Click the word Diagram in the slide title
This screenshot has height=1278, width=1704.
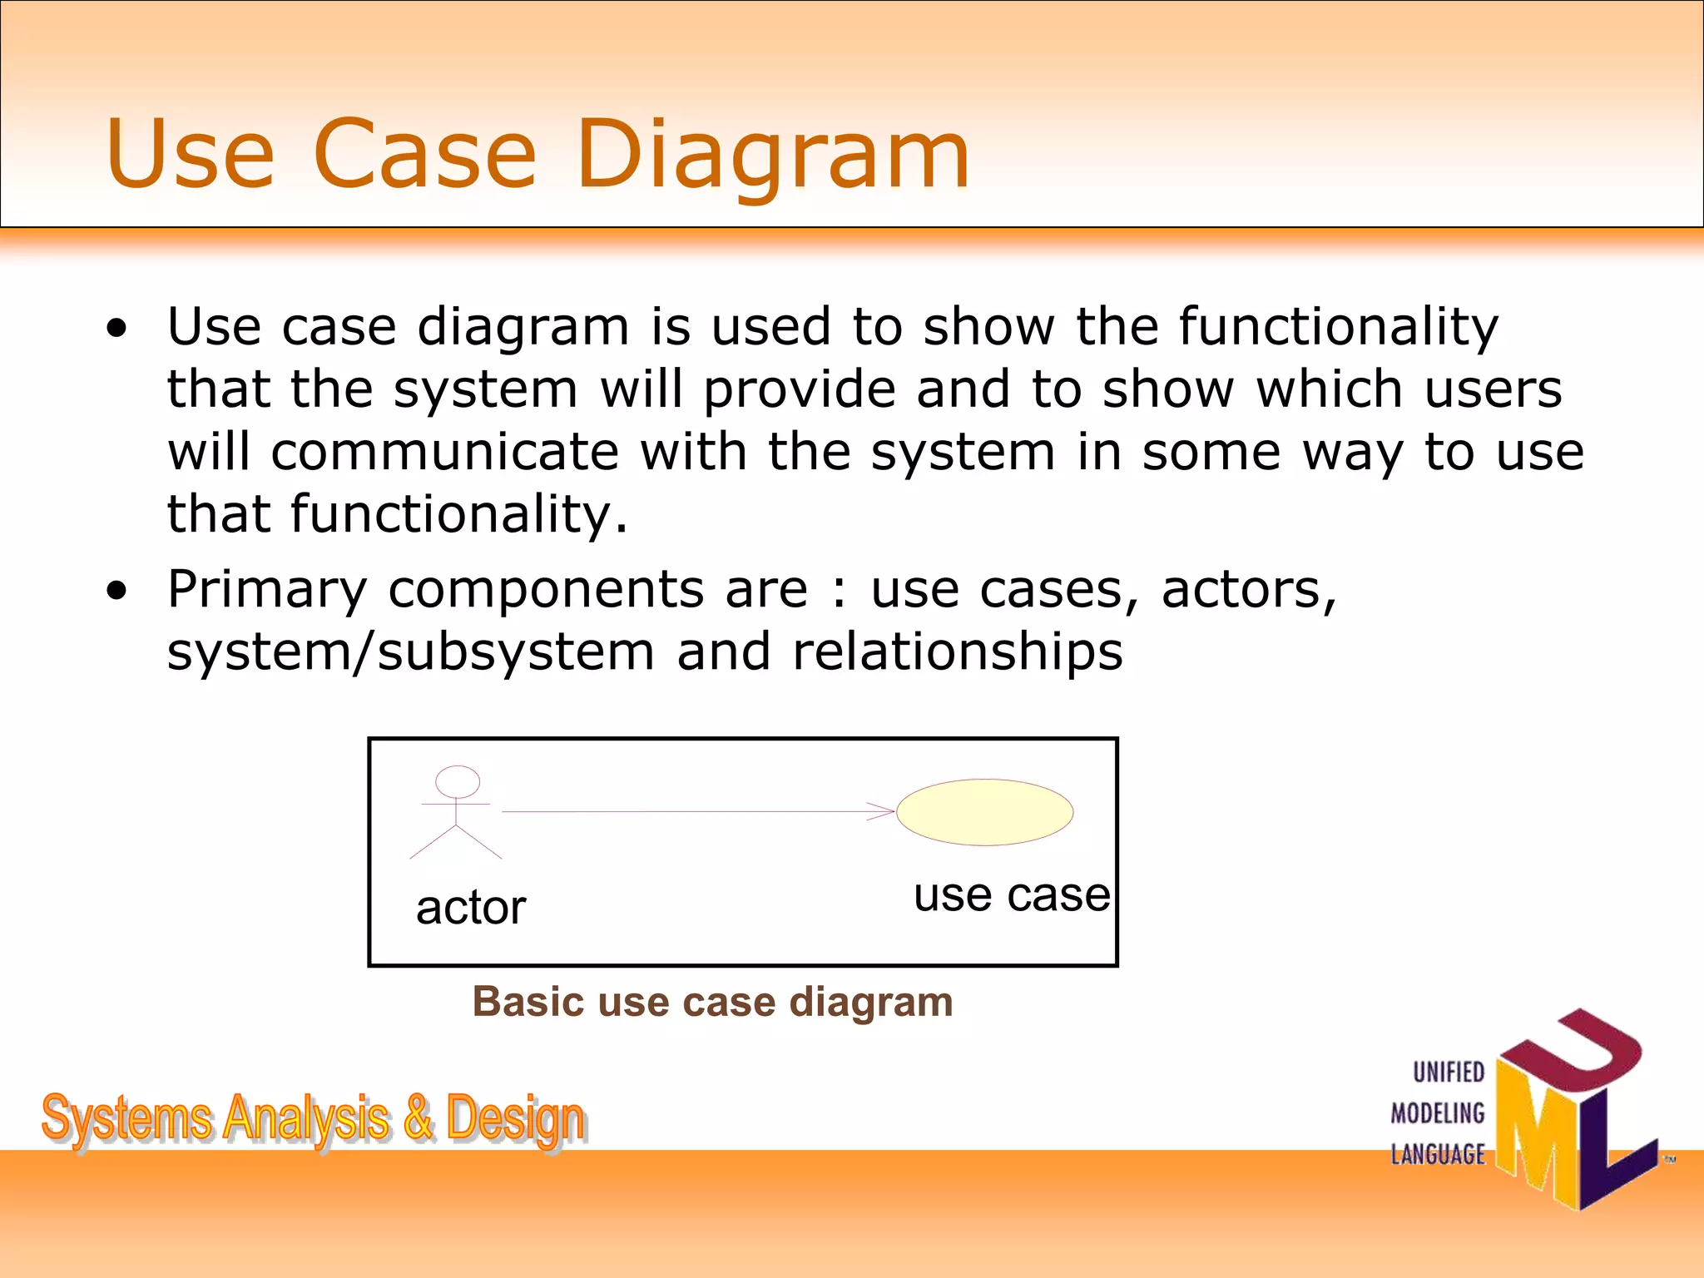tap(772, 154)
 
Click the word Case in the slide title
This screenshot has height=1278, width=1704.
tap(425, 154)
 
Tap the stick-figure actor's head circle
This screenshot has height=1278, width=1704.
tap(458, 782)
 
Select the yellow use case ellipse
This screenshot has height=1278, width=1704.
tap(984, 812)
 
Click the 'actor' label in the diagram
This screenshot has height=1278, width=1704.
tap(471, 907)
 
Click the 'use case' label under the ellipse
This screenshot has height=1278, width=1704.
tap(1012, 895)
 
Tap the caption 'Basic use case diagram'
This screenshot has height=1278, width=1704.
tap(712, 1002)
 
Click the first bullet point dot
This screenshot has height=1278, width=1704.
tap(117, 328)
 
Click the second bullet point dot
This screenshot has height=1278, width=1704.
tap(117, 591)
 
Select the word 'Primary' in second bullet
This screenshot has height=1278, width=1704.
tap(266, 591)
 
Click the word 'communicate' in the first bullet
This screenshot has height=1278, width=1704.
tap(444, 453)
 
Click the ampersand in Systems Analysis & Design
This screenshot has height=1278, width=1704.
tap(419, 1117)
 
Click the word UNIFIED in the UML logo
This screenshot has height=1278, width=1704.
tap(1449, 1072)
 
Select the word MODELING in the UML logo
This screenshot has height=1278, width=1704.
tap(1438, 1113)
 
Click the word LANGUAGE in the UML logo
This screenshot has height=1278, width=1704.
tap(1438, 1155)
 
